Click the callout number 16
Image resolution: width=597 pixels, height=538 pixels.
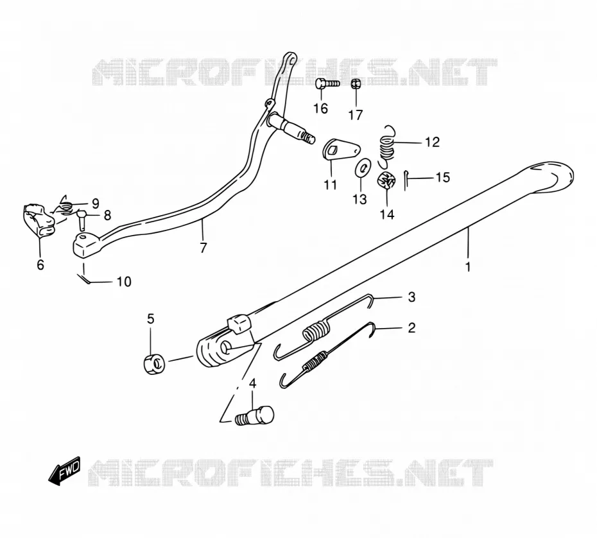320,108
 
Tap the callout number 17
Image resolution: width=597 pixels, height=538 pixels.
356,115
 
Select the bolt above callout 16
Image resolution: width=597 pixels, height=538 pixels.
327,83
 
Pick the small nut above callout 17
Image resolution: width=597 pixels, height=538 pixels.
356,83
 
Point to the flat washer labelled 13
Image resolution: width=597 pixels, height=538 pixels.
362,168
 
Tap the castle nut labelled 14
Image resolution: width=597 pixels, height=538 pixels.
387,180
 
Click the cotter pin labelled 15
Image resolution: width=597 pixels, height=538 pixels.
406,180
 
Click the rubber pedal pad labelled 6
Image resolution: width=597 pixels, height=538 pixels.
39,221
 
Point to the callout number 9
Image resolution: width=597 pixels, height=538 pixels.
95,203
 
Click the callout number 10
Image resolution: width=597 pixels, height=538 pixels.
124,282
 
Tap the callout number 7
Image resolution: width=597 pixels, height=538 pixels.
203,248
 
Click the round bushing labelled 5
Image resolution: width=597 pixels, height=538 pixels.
154,363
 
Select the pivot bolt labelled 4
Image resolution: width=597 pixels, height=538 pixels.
254,416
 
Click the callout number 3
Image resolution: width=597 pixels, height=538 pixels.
411,297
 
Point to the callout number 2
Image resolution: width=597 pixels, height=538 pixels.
411,327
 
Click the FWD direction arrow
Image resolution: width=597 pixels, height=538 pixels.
64,471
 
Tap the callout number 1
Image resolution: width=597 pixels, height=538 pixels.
468,266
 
